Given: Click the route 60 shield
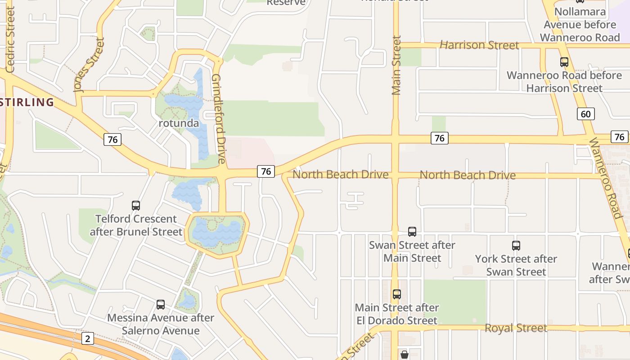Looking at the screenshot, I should tap(585, 114).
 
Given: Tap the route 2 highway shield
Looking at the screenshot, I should tap(88, 338).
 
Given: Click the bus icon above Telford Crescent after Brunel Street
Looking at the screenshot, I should tap(136, 206).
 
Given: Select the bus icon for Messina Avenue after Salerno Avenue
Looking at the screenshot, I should tap(161, 305).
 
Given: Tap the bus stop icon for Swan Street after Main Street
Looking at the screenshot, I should tap(412, 232).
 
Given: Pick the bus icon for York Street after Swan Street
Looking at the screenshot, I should tap(516, 246).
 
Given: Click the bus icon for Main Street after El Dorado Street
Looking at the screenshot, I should tap(396, 294).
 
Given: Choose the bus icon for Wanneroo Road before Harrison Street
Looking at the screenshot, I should tap(564, 62).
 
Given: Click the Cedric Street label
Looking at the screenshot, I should tap(10, 40).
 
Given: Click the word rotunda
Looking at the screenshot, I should tap(179, 123).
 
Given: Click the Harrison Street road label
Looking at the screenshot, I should tap(479, 45).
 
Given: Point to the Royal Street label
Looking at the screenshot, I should tap(516, 328).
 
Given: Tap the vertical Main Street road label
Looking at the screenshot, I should tap(396, 66).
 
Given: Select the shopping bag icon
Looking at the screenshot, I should tap(405, 354).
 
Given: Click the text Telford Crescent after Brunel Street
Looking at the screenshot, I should tap(136, 225).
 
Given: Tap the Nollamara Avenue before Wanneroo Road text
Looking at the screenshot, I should tap(580, 24).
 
